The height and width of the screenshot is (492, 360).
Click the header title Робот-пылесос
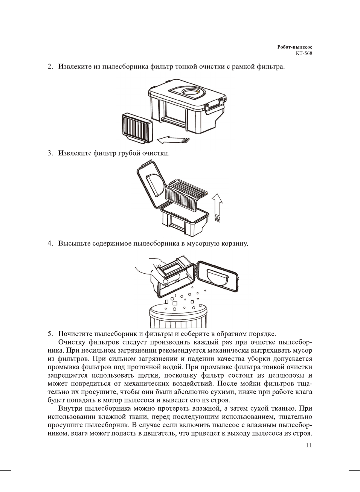point(294,47)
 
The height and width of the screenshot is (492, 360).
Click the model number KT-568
point(304,53)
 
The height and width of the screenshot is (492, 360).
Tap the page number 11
point(309,445)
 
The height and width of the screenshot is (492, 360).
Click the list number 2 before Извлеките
point(50,67)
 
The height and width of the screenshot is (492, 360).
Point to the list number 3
point(50,153)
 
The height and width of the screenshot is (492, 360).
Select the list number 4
point(50,244)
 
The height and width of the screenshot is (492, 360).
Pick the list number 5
point(50,334)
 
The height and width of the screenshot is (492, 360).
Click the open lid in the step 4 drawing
point(218,277)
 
